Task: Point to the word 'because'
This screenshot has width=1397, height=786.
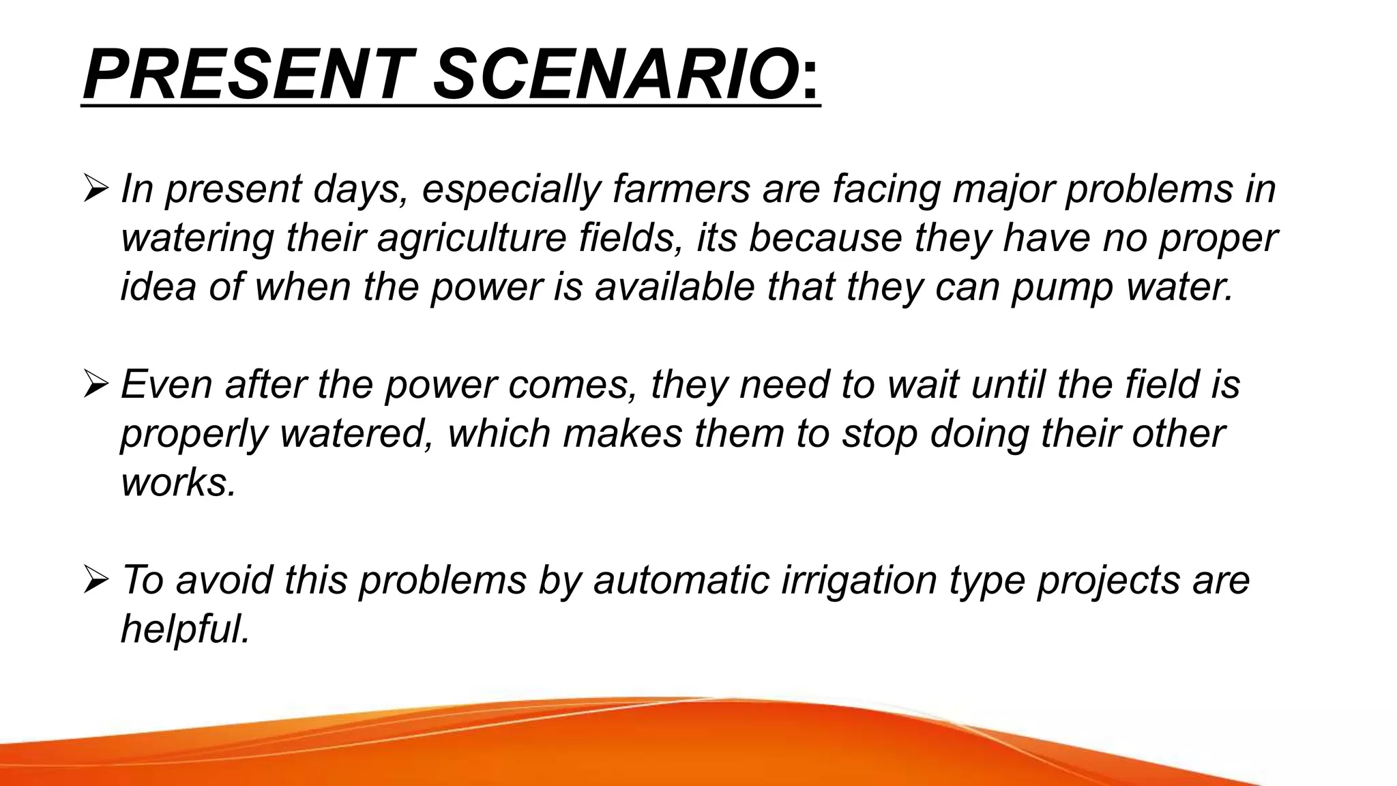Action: point(825,237)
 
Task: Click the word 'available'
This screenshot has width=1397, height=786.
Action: point(675,287)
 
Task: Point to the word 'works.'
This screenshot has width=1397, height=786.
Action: point(179,482)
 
